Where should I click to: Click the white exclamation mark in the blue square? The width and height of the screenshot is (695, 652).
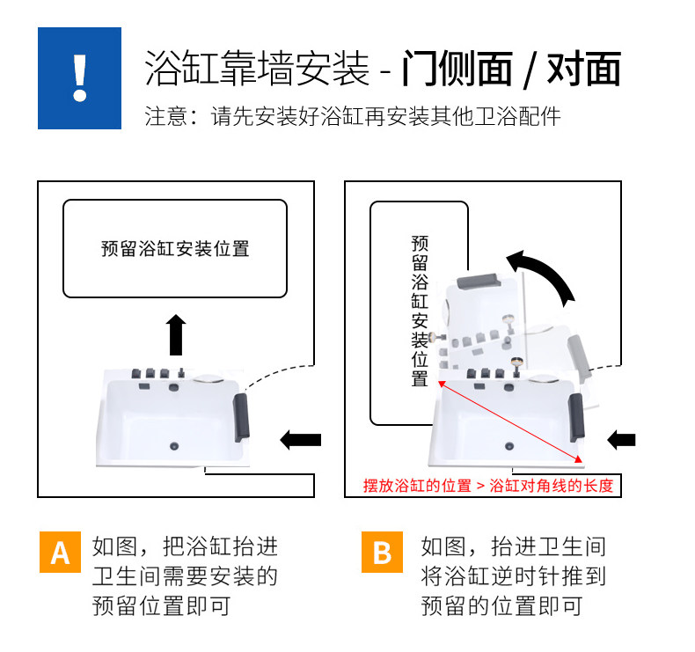pyautogui.click(x=80, y=78)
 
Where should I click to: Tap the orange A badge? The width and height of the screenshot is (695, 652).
pyautogui.click(x=60, y=552)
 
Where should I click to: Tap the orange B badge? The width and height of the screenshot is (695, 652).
pyautogui.click(x=382, y=552)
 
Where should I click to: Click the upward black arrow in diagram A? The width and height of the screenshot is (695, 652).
pyautogui.click(x=176, y=334)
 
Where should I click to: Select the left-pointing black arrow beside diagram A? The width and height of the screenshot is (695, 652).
pyautogui.click(x=301, y=440)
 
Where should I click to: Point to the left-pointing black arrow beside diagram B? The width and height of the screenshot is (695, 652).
pyautogui.click(x=621, y=440)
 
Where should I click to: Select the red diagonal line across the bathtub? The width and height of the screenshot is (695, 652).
pyautogui.click(x=510, y=421)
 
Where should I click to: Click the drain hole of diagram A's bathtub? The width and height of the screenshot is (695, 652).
pyautogui.click(x=174, y=446)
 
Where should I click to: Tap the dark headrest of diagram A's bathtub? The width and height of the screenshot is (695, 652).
pyautogui.click(x=242, y=417)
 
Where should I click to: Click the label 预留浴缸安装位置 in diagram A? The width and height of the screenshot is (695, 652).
pyautogui.click(x=175, y=249)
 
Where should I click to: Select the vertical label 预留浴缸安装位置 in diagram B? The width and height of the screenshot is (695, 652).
pyautogui.click(x=420, y=311)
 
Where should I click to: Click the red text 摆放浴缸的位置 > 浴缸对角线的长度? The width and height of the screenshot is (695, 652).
pyautogui.click(x=488, y=486)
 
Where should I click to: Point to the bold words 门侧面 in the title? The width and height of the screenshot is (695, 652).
pyautogui.click(x=457, y=69)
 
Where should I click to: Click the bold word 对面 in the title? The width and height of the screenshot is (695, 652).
pyautogui.click(x=583, y=69)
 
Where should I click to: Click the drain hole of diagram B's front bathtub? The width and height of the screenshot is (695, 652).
pyautogui.click(x=509, y=446)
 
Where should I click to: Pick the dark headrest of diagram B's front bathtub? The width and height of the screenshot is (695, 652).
pyautogui.click(x=576, y=417)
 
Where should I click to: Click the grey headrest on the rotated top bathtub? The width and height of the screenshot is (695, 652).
pyautogui.click(x=479, y=281)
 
